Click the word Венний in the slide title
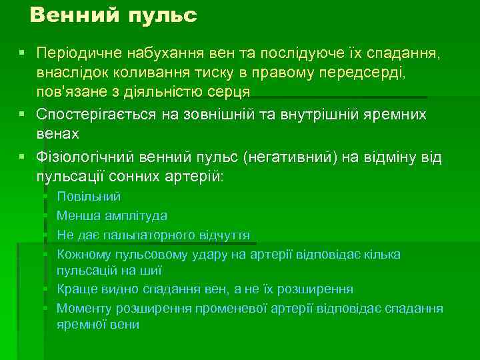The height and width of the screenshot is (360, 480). point(71,15)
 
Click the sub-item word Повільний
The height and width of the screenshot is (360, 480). point(89,197)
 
